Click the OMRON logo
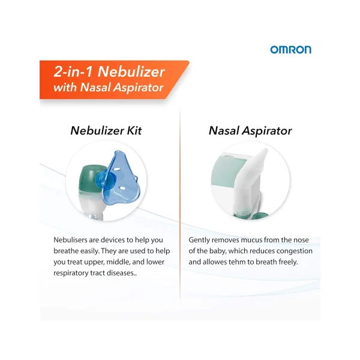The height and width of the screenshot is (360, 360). (290, 50)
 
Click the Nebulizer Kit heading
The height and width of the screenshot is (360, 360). (106, 130)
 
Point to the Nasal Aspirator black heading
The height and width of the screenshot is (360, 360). (250, 130)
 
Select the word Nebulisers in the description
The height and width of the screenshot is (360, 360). (73, 239)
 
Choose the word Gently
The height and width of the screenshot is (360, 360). (200, 239)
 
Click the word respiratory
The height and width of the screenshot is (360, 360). (74, 273)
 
